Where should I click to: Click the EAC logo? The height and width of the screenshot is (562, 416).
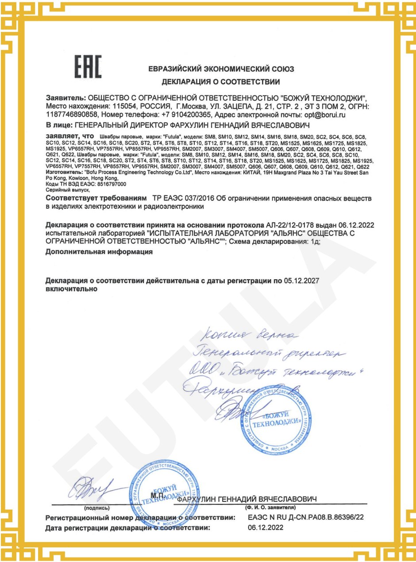87,68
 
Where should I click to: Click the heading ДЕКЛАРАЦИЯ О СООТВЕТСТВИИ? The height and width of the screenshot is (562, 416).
221,82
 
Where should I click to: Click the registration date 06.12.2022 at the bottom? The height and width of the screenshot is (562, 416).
264,528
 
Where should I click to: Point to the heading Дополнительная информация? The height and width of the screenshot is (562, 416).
99,252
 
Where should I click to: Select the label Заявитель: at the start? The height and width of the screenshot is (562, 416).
66,98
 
